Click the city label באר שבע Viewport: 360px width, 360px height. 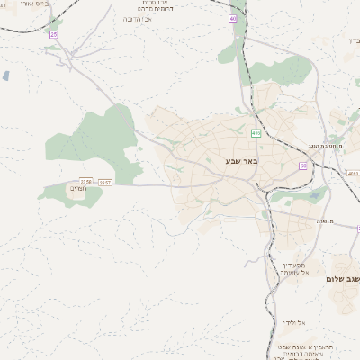pos(242,161)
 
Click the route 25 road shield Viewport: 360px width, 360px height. pos(54,34)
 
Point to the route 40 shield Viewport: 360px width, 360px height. pos(233,19)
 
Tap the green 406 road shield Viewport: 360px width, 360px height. pos(256,133)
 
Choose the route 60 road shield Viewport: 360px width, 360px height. pos(303,166)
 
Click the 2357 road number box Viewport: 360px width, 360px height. pos(105,183)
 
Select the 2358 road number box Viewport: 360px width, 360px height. pos(86,182)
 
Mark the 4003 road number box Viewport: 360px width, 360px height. pos(352,172)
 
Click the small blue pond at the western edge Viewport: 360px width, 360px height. pos(5,76)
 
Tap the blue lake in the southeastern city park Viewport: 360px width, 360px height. pos(312,194)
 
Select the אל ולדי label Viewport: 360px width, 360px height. pos(293,321)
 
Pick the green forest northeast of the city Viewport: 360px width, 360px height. pos(283,72)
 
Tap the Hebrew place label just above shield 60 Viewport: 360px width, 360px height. pos(326,145)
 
